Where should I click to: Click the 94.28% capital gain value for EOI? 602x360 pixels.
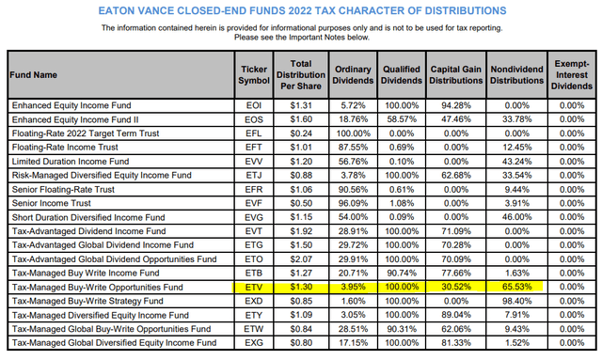click(456, 105)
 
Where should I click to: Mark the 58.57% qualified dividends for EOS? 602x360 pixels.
click(402, 119)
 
